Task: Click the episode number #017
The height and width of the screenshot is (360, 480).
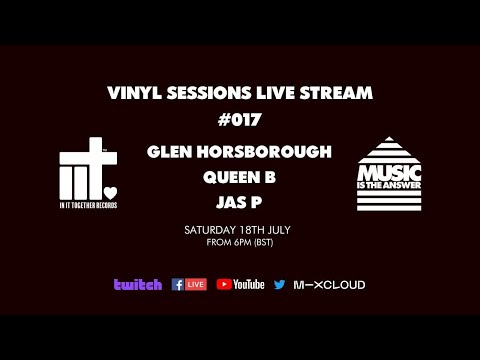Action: pos(239,122)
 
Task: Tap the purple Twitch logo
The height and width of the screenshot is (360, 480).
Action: pos(137,285)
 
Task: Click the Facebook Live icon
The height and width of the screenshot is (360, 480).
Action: pos(189,285)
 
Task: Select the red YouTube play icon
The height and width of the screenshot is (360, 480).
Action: pos(224,285)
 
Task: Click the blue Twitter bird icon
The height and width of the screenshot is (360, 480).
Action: pos(279,285)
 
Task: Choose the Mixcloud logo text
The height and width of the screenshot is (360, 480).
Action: pos(329,285)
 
